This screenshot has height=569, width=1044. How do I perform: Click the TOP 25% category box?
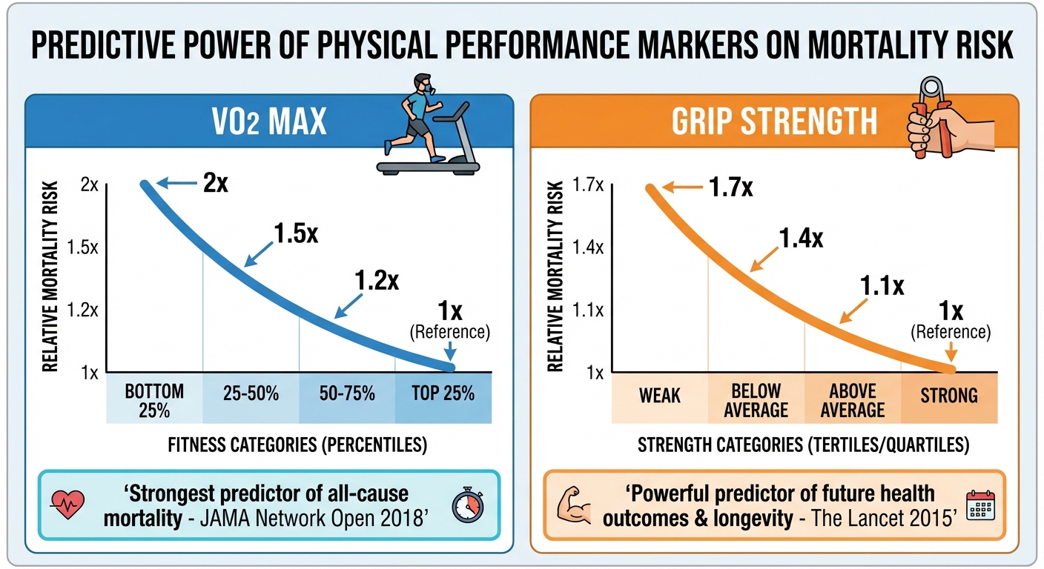click(443, 394)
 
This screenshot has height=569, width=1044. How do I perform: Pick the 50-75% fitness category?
click(347, 394)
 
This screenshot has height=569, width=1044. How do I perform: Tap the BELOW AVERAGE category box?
click(756, 399)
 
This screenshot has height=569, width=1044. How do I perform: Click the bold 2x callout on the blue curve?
click(215, 183)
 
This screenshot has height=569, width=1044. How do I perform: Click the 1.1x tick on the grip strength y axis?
click(589, 310)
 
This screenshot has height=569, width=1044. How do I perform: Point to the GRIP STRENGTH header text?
click(775, 123)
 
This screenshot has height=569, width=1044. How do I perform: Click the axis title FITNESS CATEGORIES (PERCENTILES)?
click(299, 447)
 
